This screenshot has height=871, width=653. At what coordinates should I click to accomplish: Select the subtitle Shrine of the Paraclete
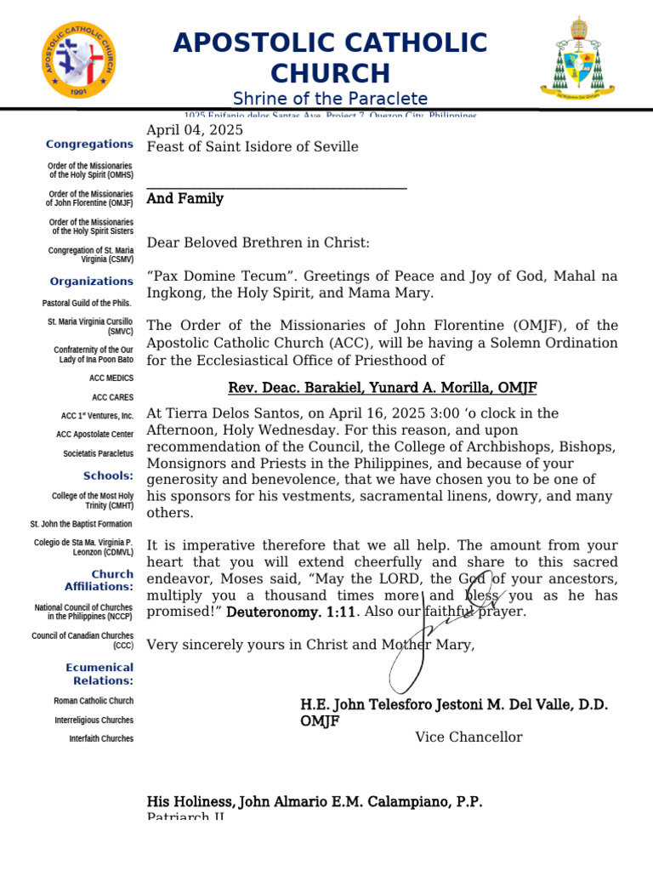coord(330,99)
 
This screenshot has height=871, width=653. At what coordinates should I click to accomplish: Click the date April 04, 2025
coord(195,130)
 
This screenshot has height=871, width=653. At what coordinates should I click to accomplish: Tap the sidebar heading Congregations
coord(89,145)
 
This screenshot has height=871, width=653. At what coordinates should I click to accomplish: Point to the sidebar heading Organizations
coord(91,282)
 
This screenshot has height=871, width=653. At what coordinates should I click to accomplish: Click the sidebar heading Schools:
coord(108,475)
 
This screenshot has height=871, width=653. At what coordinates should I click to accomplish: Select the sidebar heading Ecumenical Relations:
coord(99,675)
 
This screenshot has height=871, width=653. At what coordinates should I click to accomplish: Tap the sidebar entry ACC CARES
coord(112,397)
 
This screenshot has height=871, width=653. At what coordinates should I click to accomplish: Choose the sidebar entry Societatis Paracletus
coord(98,454)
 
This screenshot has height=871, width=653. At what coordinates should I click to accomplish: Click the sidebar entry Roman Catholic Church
coord(93,701)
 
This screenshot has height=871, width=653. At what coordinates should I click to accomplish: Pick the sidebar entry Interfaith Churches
coord(101,738)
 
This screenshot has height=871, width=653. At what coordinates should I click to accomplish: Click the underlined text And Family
coord(185,199)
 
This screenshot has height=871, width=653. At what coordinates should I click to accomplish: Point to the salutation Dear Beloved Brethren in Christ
coord(258,243)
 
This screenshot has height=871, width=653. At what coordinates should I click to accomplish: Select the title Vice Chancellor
coord(468,737)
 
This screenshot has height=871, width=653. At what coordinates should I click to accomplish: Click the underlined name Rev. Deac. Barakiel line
coord(383,389)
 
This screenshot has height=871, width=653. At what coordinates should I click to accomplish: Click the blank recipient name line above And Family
coord(276,185)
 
